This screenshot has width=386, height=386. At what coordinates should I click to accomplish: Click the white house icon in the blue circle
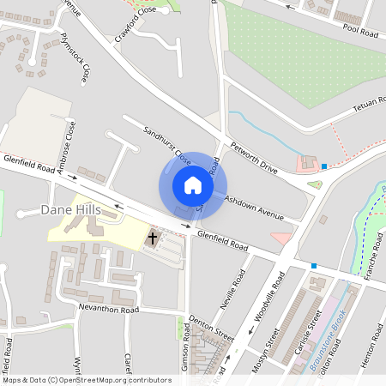tap(193, 185)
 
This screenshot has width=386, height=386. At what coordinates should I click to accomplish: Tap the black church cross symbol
tap(154, 238)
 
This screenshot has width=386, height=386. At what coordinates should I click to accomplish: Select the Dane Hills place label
tap(71, 210)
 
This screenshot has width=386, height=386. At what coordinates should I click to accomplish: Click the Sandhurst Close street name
tap(167, 145)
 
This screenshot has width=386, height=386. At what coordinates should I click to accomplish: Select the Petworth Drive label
tap(255, 158)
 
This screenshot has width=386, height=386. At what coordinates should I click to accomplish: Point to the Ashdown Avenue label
tap(254, 208)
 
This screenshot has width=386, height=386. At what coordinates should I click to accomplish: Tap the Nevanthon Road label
tap(108, 309)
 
